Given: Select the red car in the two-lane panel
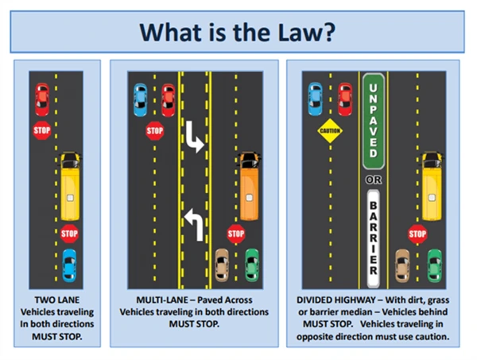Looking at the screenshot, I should pos(42,99).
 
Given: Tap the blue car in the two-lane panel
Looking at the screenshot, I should pos(69,265).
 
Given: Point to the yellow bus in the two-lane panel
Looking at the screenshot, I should pos(70,188).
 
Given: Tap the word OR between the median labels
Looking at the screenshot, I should pos(373,180).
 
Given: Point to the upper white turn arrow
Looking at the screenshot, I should pos(194,141).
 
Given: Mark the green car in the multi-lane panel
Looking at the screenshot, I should pos(253,264).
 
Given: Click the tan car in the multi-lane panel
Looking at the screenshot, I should pos(223,264).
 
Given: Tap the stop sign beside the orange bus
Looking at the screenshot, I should pos(235,233).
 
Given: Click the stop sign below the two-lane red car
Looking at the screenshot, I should pos(42,130).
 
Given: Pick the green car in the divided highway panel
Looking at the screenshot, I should pos(434,264).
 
